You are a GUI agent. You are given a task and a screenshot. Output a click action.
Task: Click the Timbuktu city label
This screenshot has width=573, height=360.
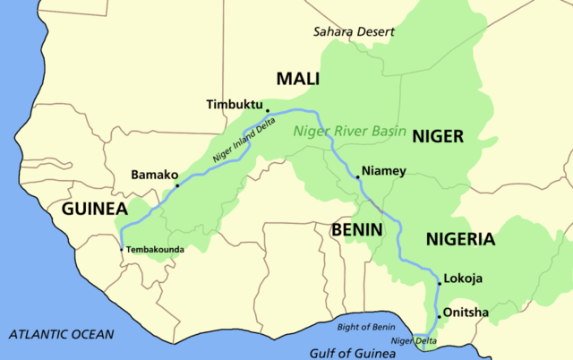[x=235, y=103]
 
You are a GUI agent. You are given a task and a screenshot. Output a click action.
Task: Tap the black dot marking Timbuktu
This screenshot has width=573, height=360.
[x=267, y=111]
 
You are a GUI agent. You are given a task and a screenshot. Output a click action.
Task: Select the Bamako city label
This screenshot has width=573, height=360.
[x=155, y=174]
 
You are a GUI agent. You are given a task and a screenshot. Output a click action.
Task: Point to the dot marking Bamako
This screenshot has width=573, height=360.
[x=177, y=186]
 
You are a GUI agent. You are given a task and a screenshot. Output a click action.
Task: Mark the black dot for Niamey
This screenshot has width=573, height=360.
[x=357, y=177]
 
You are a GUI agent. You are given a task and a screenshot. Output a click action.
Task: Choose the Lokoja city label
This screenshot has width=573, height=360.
[x=464, y=279]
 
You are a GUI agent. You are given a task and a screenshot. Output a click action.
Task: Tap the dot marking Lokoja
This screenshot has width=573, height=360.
[x=439, y=283]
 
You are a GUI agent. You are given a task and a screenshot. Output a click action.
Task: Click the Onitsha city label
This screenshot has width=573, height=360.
[x=465, y=313]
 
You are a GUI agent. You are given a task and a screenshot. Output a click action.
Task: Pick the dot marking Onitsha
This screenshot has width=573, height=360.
[x=439, y=317]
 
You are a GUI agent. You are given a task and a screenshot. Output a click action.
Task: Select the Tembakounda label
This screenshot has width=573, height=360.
[x=155, y=248]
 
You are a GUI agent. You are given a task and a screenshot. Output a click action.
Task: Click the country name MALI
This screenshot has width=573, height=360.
[x=297, y=80]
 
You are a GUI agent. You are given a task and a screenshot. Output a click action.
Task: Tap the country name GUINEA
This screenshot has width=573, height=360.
[x=94, y=209]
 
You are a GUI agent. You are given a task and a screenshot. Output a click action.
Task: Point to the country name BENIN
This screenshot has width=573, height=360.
[x=357, y=229]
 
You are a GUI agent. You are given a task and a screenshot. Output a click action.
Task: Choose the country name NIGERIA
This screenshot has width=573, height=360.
[x=459, y=239]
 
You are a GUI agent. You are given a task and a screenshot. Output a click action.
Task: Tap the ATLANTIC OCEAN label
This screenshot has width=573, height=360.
[x=62, y=334]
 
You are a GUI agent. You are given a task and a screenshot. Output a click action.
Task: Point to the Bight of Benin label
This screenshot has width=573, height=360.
[x=366, y=328]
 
